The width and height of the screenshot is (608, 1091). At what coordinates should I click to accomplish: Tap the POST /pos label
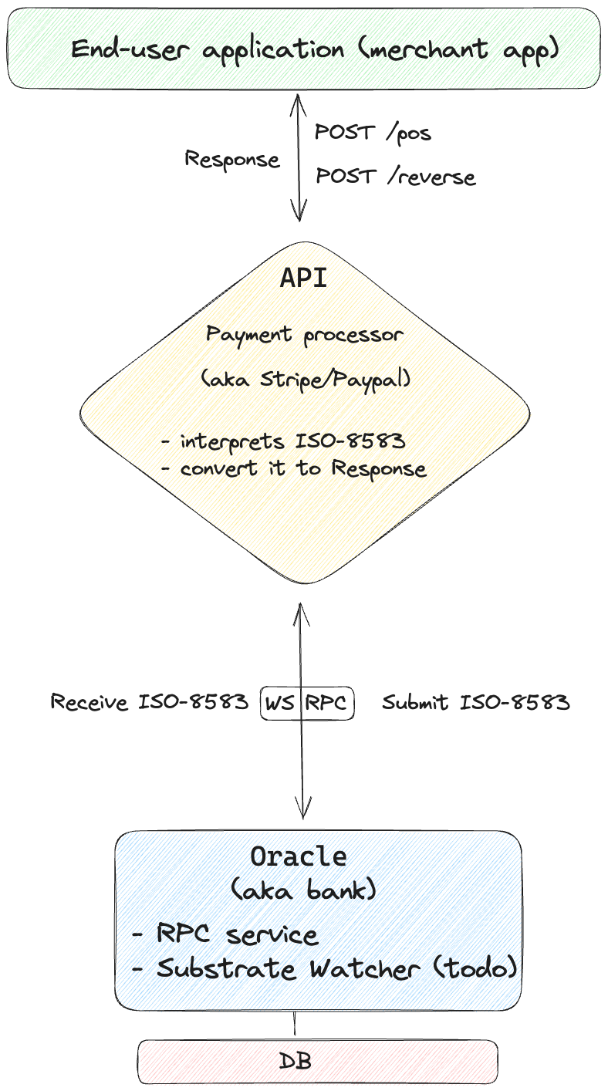(373, 132)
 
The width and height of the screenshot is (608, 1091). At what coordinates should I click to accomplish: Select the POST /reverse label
(395, 177)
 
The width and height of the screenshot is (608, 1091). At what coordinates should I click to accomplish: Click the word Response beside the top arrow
(231, 159)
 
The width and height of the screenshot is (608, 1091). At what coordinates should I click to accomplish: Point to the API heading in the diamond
(303, 278)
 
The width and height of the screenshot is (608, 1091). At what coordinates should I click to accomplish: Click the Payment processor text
(303, 335)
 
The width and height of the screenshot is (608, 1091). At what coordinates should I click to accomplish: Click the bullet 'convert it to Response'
(293, 469)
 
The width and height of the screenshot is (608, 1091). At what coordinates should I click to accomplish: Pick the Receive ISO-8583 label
(150, 702)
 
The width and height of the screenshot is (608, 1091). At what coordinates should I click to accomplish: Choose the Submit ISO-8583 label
(476, 702)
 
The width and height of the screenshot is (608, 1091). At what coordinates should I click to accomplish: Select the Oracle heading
(299, 856)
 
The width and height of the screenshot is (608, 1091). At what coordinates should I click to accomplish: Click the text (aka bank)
(303, 890)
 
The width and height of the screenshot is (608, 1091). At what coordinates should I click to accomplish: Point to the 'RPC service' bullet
(225, 934)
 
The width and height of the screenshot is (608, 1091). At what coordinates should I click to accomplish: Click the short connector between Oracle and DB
(295, 1025)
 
